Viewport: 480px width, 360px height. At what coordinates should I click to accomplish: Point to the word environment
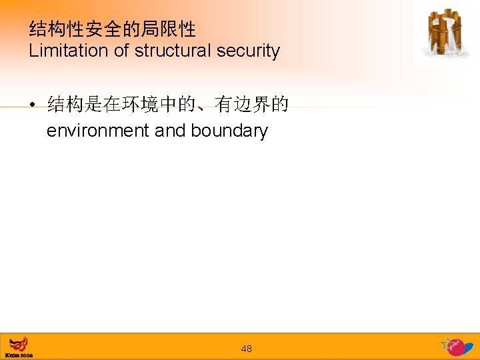[x=98, y=131]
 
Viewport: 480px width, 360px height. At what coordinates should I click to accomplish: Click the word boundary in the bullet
[x=229, y=131]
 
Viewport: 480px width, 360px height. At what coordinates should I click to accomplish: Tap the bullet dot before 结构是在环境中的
[x=31, y=105]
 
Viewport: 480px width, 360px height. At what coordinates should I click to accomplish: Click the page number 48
[x=246, y=349]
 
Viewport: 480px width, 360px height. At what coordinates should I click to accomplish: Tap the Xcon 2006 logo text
[x=19, y=355]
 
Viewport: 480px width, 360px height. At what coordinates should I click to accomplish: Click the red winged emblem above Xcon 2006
[x=18, y=345]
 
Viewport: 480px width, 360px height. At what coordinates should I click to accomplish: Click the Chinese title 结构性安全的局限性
[x=113, y=29]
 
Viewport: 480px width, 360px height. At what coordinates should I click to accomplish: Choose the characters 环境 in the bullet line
[x=150, y=105]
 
